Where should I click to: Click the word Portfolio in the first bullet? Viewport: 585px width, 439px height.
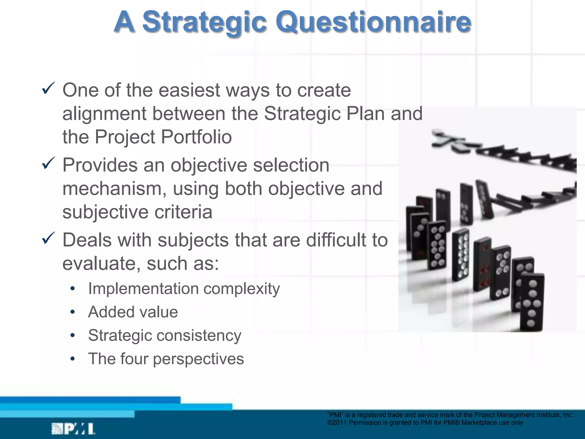click(196, 137)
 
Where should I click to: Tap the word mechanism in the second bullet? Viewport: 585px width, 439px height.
click(111, 189)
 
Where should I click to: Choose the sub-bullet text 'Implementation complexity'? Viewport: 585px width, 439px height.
click(184, 289)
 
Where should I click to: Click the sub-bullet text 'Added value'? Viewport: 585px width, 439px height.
click(133, 312)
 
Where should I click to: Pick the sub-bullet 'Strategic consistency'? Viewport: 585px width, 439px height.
click(165, 335)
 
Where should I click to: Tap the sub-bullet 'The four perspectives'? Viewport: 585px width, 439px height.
click(166, 359)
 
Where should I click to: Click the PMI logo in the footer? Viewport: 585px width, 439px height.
click(73, 429)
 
